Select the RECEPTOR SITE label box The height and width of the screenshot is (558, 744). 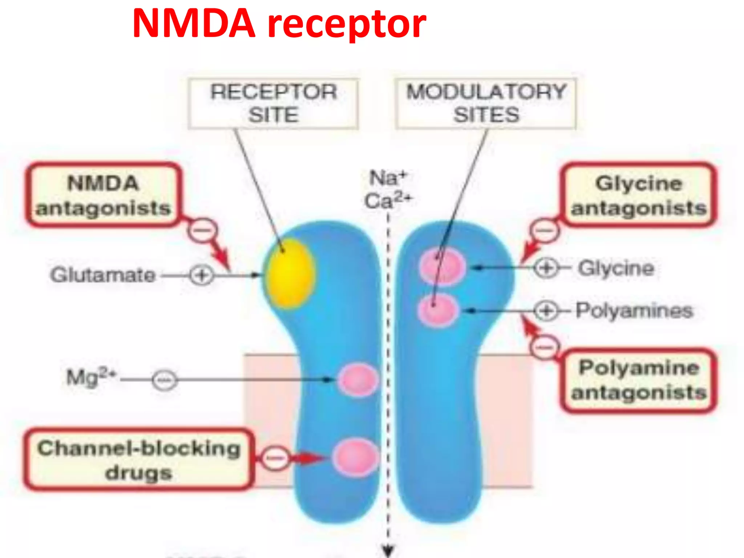[x=273, y=104]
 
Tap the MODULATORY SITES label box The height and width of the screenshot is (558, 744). [x=486, y=104]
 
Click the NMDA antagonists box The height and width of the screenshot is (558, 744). [x=104, y=195]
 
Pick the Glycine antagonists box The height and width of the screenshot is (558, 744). [x=639, y=195]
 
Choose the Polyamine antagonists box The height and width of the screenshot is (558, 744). [x=639, y=380]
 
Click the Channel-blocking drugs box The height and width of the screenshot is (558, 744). [x=138, y=460]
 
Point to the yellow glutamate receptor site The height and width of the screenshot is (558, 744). [x=289, y=274]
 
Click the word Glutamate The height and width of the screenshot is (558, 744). [x=103, y=275]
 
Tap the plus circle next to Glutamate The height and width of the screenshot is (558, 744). [x=202, y=275]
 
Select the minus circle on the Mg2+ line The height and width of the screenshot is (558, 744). [x=165, y=380]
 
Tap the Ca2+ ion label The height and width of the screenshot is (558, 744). [x=388, y=201]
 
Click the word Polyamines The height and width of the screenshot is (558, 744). [x=634, y=311]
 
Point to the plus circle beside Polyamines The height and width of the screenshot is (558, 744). [x=546, y=311]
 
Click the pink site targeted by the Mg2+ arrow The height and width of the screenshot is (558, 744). [x=358, y=380]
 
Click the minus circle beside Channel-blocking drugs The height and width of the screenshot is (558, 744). [x=276, y=458]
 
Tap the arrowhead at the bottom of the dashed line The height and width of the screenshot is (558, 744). [x=388, y=550]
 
